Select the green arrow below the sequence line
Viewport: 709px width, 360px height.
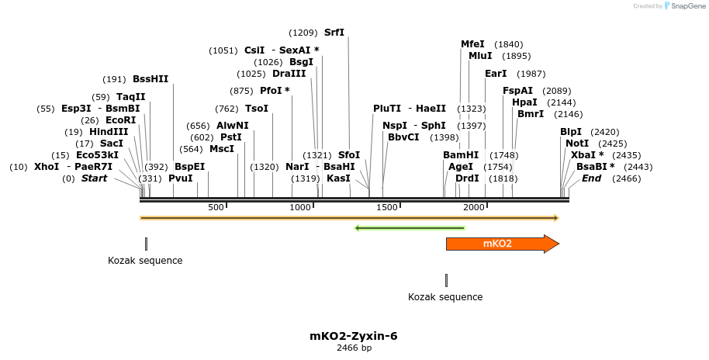[x=409, y=228]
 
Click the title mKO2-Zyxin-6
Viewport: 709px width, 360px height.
[x=354, y=336]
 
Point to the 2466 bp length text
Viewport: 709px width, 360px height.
[x=354, y=348]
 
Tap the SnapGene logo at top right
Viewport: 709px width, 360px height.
[x=683, y=6]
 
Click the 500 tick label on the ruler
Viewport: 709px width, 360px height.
[x=216, y=207]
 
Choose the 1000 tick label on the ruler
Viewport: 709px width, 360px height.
[x=300, y=207]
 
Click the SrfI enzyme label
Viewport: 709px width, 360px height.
[x=334, y=33]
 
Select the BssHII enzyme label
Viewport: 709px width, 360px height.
[x=150, y=79]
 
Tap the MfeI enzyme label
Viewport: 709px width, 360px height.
[x=472, y=44]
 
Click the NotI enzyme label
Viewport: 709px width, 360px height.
[x=577, y=144]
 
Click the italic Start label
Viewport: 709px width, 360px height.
[x=94, y=178]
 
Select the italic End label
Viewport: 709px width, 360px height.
[x=591, y=178]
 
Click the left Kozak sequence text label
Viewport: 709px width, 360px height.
[x=145, y=261]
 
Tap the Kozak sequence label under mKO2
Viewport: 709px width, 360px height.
[x=445, y=297]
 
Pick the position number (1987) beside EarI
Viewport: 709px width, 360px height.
[x=531, y=74]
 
